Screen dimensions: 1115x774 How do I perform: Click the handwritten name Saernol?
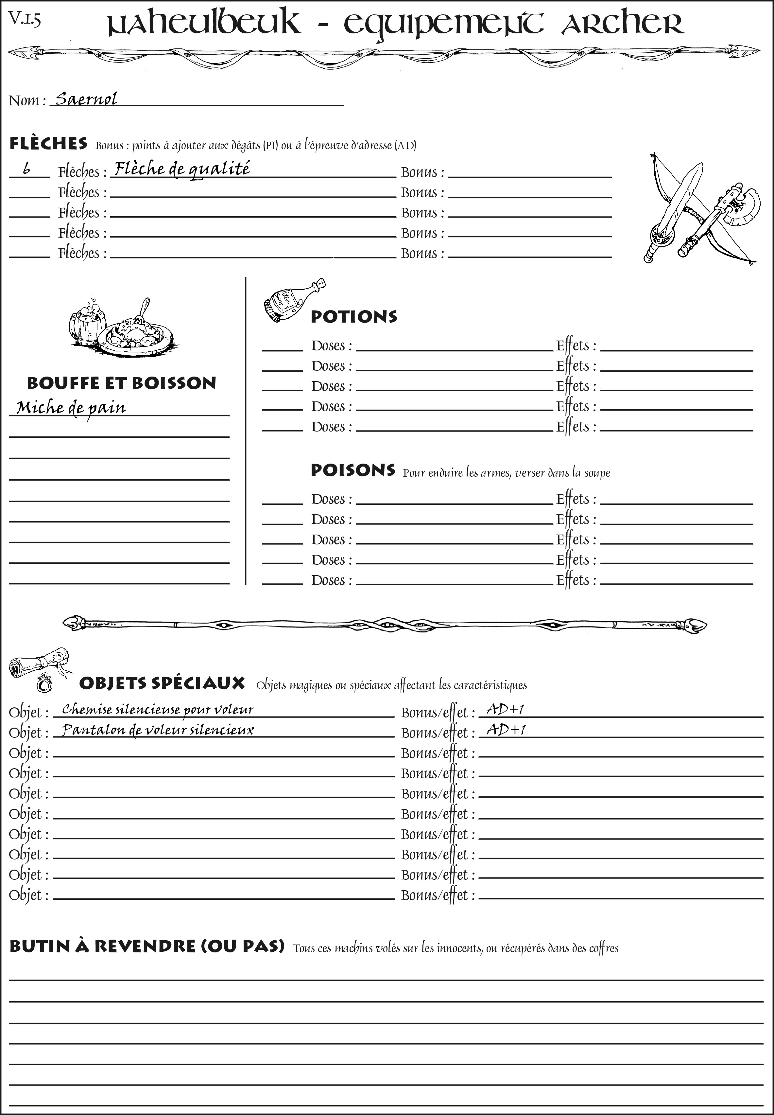(86, 99)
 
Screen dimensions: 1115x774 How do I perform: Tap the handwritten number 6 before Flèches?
(27, 169)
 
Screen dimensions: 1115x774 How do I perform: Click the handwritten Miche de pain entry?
(71, 408)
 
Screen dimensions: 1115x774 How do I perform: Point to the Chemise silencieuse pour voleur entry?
(158, 710)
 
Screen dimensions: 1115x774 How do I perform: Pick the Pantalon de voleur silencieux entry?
(158, 730)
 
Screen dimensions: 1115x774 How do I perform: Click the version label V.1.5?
(24, 19)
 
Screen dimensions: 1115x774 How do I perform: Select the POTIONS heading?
(353, 317)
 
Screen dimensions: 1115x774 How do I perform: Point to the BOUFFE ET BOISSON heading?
(121, 383)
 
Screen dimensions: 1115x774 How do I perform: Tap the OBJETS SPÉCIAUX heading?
(162, 683)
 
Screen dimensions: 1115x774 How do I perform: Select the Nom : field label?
(27, 101)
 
